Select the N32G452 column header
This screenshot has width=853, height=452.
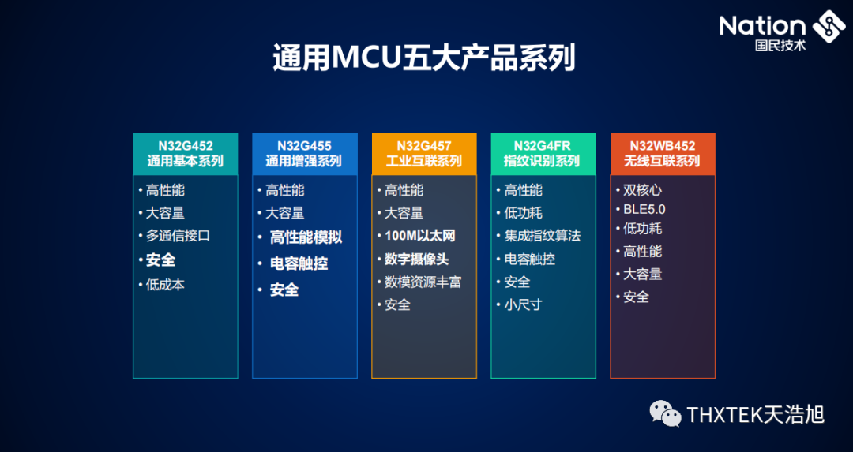click(x=185, y=154)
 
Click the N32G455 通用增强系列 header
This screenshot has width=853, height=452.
click(x=304, y=154)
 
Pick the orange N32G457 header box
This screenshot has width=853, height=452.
click(x=424, y=154)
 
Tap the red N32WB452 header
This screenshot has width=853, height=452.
click(x=662, y=154)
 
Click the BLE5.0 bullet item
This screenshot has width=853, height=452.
click(x=644, y=209)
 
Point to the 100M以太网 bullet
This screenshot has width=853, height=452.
click(x=419, y=236)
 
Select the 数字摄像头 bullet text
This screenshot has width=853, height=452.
click(x=416, y=259)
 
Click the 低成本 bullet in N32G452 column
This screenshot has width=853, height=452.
click(x=165, y=285)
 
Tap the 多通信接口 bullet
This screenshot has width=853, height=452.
click(x=178, y=236)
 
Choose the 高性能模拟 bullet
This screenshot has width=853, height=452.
click(x=306, y=237)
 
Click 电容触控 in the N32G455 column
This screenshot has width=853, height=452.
click(x=299, y=263)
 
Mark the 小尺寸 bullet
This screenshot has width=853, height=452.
click(x=523, y=304)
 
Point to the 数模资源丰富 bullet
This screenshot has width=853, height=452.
click(x=423, y=282)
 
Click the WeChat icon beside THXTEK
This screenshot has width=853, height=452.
click(x=665, y=413)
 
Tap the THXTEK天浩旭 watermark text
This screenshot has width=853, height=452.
click(x=755, y=413)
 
